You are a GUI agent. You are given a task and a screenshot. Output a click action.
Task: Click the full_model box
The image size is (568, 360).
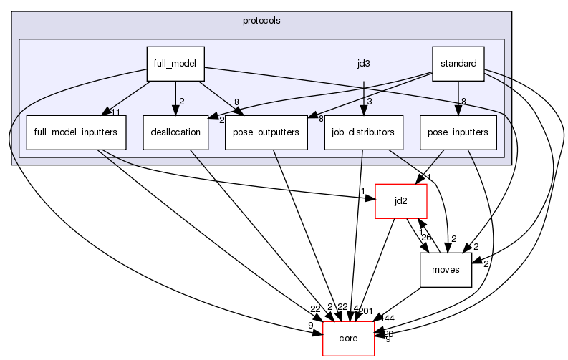click(x=175, y=64)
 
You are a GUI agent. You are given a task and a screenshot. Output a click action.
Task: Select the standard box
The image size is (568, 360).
click(x=458, y=64)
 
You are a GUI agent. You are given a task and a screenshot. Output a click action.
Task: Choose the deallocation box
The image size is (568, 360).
click(x=175, y=132)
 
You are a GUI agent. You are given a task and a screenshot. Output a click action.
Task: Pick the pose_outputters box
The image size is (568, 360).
click(x=261, y=132)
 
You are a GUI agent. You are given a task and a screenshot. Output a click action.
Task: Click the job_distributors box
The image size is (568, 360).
click(x=364, y=132)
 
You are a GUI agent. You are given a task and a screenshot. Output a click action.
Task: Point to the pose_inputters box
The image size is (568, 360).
click(x=458, y=132)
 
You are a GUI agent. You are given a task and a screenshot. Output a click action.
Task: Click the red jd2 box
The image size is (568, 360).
click(x=402, y=201)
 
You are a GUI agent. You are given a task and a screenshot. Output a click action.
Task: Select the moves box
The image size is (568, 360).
click(x=446, y=270)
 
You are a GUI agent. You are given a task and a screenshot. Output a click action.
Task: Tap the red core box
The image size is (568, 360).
click(x=349, y=339)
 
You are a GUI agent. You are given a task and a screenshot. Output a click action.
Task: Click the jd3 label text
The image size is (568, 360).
click(x=364, y=64)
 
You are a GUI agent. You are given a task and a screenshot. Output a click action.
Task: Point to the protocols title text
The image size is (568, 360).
click(x=261, y=20)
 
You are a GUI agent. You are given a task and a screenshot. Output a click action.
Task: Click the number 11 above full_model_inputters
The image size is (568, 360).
click(x=115, y=111)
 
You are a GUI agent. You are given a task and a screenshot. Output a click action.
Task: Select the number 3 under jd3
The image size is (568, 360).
click(x=370, y=102)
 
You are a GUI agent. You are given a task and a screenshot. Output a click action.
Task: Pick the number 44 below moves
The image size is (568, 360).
click(x=390, y=318)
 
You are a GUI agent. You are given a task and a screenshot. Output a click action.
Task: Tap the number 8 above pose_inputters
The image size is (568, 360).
click(x=464, y=102)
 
